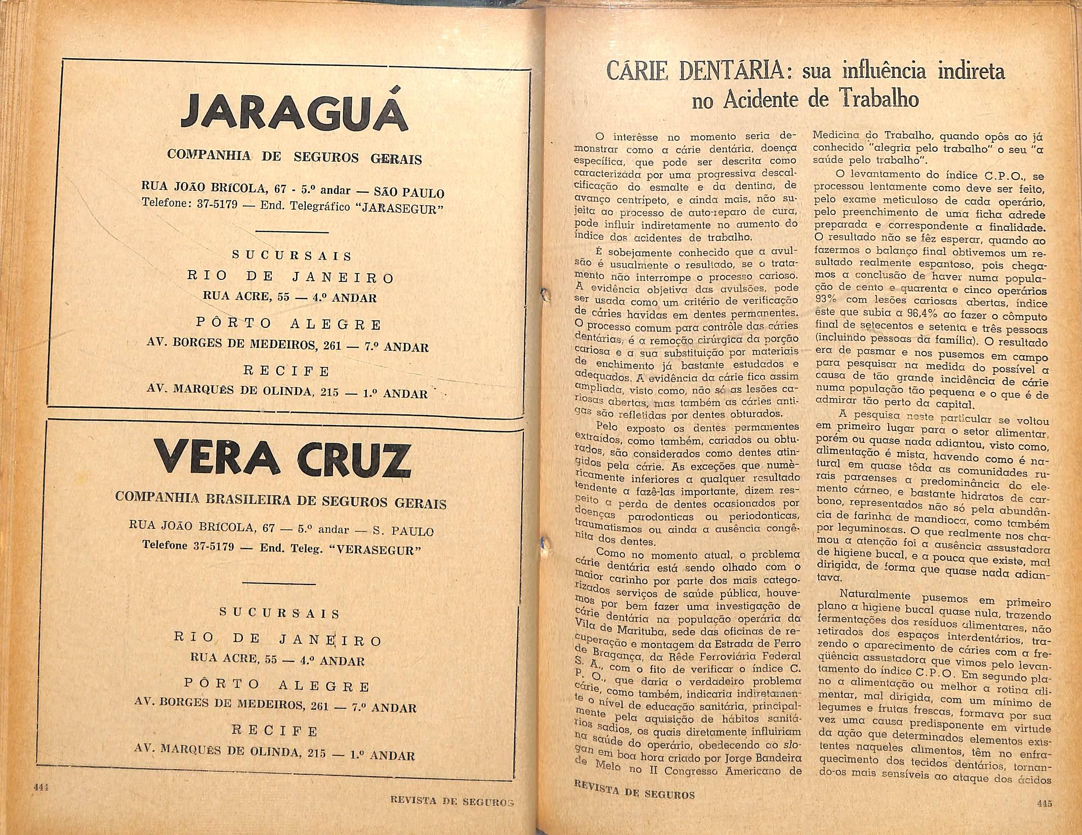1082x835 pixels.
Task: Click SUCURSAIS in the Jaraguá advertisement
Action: pos(292,256)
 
